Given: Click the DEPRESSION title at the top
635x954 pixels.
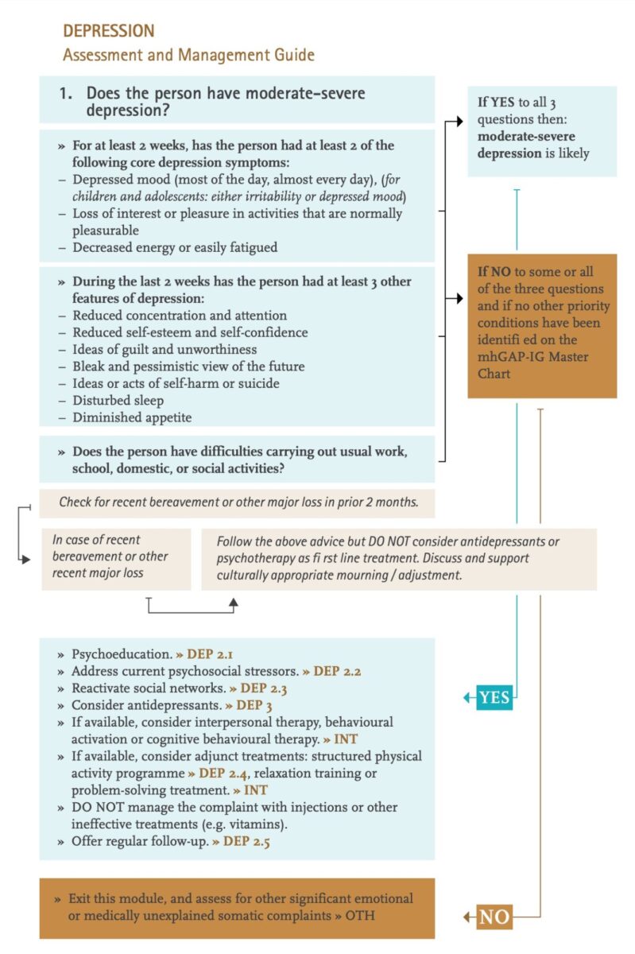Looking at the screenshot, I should [x=109, y=31].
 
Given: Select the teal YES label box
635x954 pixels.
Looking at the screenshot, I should [x=494, y=698].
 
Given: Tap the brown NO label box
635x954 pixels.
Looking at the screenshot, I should [x=494, y=917].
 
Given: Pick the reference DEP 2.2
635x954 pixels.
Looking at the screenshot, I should [x=337, y=671].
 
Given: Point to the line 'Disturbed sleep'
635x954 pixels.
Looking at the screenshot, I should [x=119, y=400].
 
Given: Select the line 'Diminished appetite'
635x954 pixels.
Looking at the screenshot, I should [x=132, y=417].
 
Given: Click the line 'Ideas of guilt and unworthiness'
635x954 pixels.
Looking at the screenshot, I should [x=165, y=349].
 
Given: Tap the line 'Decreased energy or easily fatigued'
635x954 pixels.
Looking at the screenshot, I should [x=175, y=247].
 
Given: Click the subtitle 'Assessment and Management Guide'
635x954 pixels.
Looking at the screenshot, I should [x=188, y=55].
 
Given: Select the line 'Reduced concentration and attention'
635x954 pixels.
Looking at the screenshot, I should [x=180, y=316].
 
